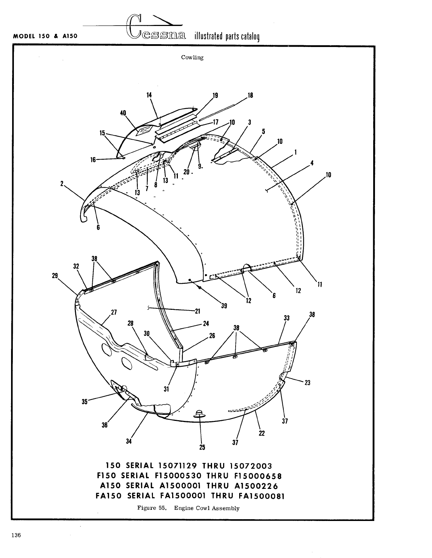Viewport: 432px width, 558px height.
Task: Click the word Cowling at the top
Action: coord(192,57)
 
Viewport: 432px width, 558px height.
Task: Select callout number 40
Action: coord(123,113)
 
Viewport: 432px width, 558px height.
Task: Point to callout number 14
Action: coord(149,95)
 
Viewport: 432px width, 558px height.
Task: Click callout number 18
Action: coord(250,95)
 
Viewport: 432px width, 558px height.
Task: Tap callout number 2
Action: coord(62,184)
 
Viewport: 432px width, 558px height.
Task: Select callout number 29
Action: coord(55,275)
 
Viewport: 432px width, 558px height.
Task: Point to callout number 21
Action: coord(197,311)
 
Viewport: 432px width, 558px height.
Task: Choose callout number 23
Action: coord(307,383)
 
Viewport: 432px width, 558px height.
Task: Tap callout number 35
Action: coord(84,402)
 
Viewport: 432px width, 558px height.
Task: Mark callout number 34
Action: coord(129,441)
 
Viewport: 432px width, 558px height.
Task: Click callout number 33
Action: coord(286,318)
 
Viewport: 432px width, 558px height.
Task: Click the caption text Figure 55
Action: coord(152,508)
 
